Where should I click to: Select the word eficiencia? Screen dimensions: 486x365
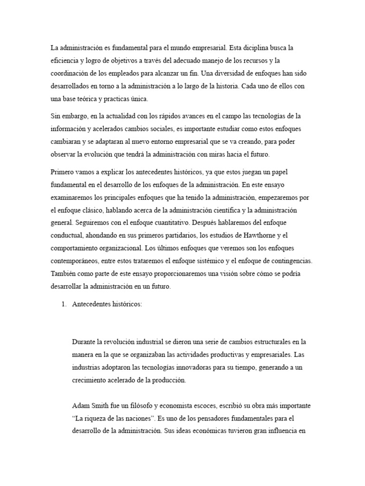click(65, 61)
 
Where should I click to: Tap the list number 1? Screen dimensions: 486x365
click(63, 305)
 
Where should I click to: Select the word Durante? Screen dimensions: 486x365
click(84, 341)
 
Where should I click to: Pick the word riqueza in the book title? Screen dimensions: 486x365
click(99, 407)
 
